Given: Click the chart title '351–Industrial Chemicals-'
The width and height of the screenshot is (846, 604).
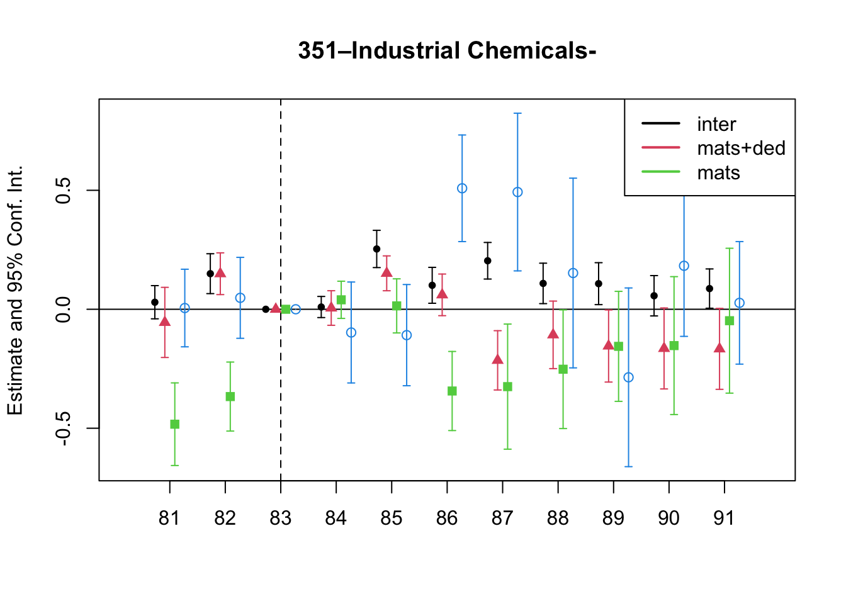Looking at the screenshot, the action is click(x=447, y=50).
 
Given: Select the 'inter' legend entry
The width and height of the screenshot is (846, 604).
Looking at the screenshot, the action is click(x=689, y=124).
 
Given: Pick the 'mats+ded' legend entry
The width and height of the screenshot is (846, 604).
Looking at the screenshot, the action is click(x=713, y=148).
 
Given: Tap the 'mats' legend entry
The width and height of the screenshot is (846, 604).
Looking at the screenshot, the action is click(x=691, y=172).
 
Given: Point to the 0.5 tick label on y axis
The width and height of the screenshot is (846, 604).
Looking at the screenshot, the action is click(x=63, y=190).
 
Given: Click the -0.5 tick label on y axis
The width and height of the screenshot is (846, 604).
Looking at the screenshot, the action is click(x=63, y=428).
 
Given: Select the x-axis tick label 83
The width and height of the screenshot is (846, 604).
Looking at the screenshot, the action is click(x=280, y=518).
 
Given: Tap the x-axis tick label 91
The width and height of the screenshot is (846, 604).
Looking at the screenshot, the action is click(x=724, y=518).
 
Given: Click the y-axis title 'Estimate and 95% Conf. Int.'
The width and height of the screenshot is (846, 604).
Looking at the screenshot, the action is click(x=15, y=290).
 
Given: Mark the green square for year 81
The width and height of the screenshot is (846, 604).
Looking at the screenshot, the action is click(x=174, y=424).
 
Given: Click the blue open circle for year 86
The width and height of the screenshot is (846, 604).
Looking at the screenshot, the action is click(x=462, y=188).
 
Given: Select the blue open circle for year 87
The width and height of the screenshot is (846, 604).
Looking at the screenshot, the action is click(x=517, y=192).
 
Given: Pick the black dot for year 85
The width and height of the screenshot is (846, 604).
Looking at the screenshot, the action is click(x=376, y=249).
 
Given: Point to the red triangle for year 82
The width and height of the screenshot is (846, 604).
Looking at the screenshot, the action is click(x=220, y=272).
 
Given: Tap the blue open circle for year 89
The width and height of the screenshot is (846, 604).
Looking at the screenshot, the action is click(x=628, y=377).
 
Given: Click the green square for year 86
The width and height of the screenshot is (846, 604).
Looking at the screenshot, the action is click(x=452, y=391).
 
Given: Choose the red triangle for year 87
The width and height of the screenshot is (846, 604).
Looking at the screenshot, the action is click(x=498, y=359).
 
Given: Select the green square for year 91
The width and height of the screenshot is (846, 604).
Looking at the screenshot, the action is click(x=730, y=320).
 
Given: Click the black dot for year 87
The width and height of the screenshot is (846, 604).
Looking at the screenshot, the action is click(x=488, y=260).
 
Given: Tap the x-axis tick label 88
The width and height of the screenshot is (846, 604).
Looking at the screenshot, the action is click(x=558, y=518).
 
